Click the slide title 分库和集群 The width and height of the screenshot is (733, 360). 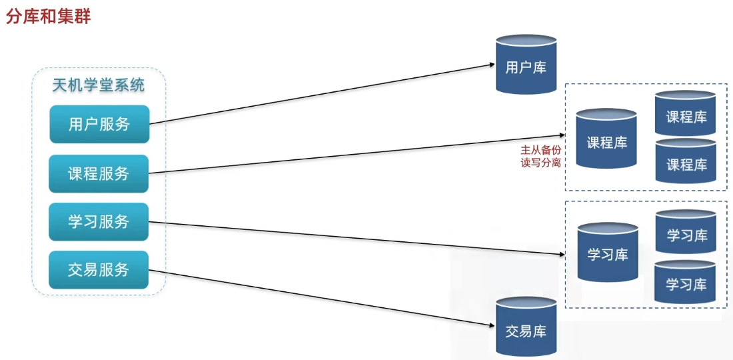point(48,17)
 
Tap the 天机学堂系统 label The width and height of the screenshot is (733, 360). point(99,85)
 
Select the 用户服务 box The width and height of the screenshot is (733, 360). point(99,124)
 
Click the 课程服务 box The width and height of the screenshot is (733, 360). point(99,174)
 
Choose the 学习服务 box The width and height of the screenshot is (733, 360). point(99,222)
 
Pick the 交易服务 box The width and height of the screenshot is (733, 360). point(99,270)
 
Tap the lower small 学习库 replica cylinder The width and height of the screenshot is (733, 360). point(686,283)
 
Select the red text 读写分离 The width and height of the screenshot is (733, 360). point(540,163)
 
